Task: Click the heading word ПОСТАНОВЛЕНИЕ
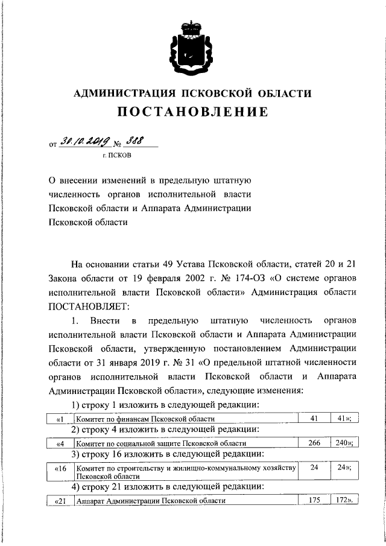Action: click(x=192, y=112)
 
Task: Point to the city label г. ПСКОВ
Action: click(x=117, y=155)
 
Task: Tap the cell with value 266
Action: click(x=314, y=443)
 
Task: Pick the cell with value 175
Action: click(x=314, y=501)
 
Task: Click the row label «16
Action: click(x=60, y=468)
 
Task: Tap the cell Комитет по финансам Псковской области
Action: click(x=145, y=418)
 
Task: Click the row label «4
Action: click(x=60, y=443)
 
